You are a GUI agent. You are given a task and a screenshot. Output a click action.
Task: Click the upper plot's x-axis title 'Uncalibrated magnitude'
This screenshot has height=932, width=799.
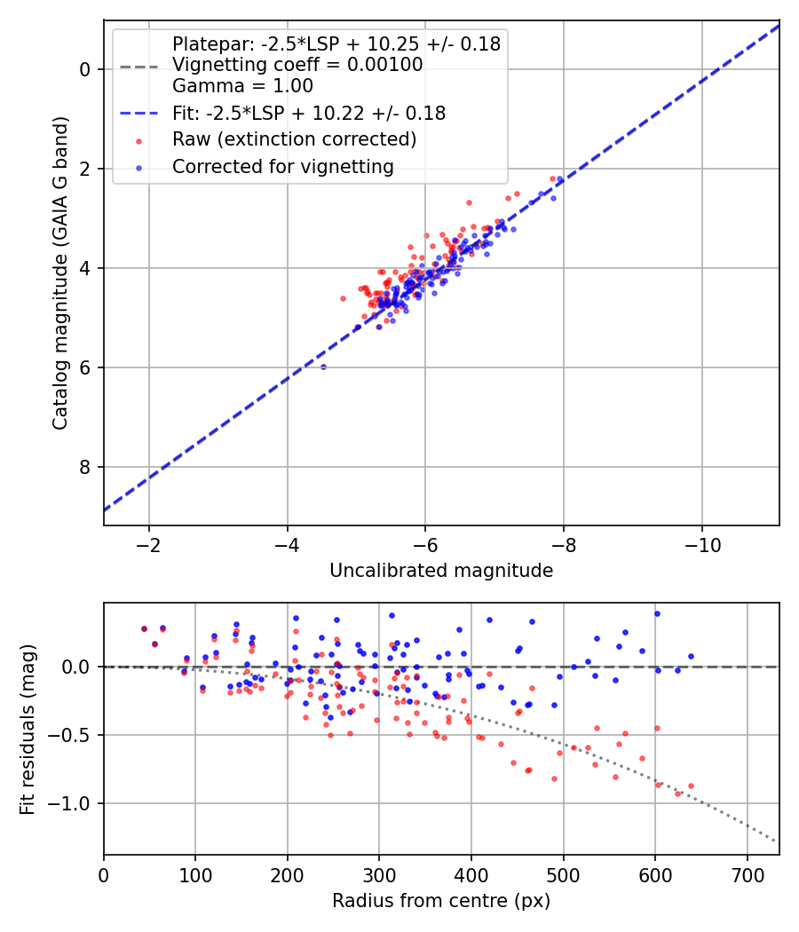tap(441, 571)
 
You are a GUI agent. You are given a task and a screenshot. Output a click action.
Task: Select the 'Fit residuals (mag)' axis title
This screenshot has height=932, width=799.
tap(28, 729)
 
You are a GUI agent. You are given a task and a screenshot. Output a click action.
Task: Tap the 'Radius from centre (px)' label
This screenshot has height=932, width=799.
tap(441, 901)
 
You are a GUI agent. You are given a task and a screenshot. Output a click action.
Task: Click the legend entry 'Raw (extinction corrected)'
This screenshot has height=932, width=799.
tap(294, 139)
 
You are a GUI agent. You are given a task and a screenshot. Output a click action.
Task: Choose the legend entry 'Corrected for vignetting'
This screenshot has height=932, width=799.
tap(283, 166)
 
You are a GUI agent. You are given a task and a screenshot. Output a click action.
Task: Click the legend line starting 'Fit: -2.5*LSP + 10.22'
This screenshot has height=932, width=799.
tap(309, 114)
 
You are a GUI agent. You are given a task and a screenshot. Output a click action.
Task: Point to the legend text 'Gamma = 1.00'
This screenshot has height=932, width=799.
tap(242, 86)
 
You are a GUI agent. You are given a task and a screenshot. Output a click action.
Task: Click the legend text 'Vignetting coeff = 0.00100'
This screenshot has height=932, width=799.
tap(297, 65)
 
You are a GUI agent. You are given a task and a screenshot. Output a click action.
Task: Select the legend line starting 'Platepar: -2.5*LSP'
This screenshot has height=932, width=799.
tap(336, 43)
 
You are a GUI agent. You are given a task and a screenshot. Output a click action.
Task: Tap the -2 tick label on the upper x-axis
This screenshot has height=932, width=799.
tap(148, 543)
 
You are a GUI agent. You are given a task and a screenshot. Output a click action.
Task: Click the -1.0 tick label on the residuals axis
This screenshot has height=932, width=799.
tap(76, 804)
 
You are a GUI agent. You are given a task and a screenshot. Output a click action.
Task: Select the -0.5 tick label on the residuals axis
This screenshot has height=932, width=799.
tap(76, 735)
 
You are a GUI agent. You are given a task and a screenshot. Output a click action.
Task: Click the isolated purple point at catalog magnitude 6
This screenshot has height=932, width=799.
tap(323, 367)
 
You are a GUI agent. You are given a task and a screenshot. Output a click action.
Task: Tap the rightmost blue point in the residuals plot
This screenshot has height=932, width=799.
tap(691, 656)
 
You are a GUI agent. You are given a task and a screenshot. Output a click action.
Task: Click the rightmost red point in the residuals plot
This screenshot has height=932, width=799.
tap(691, 786)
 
